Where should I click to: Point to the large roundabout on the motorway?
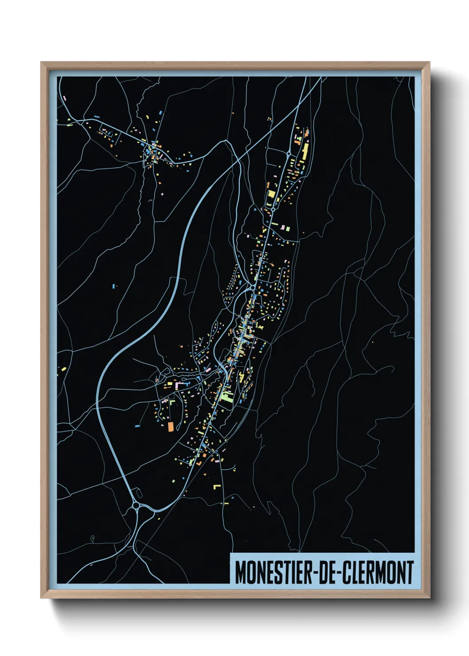point(136,505)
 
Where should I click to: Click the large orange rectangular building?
point(171,426)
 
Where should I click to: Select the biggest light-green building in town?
point(227,396)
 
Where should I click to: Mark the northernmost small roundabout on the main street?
point(289,153)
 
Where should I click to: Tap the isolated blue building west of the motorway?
point(114,286)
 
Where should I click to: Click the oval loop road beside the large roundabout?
point(138,492)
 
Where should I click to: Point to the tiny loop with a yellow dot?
point(92,539)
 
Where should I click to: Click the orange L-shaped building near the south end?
point(199,463)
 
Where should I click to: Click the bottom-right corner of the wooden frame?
point(429,597)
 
